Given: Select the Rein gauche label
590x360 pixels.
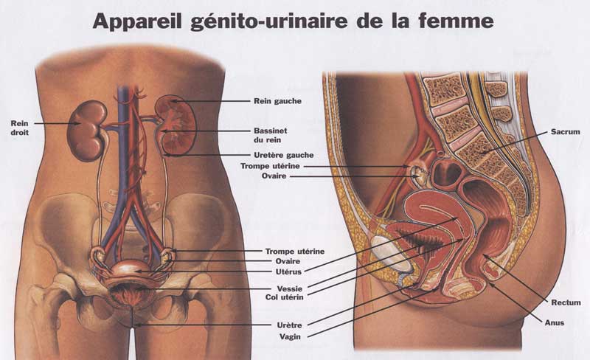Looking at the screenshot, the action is (x=277, y=100).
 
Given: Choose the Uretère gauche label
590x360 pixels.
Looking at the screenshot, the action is (x=283, y=155).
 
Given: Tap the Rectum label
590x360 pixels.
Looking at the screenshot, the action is (x=566, y=302).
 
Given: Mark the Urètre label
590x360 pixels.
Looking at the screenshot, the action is (x=277, y=325).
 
